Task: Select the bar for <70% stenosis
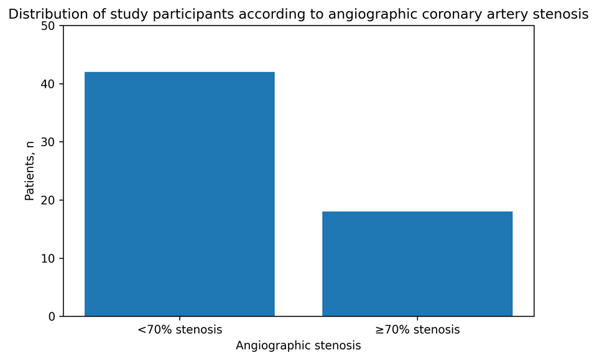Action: point(179,194)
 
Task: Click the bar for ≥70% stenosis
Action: point(417,264)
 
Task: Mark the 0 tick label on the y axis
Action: point(52,316)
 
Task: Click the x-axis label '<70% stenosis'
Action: point(179,329)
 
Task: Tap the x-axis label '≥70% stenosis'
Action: point(417,329)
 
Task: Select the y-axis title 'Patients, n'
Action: point(29,171)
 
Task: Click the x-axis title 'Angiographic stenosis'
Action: point(298,346)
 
